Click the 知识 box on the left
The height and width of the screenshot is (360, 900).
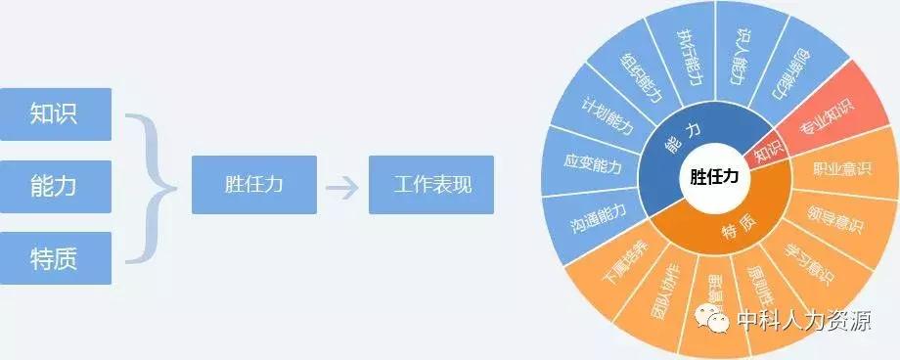(56, 113)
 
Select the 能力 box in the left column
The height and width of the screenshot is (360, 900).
(56, 186)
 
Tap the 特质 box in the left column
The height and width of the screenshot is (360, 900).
(56, 257)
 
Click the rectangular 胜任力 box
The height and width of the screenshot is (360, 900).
(247, 185)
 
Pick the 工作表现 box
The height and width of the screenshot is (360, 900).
(430, 185)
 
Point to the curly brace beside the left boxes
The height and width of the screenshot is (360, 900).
(152, 186)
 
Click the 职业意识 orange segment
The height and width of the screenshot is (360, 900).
(842, 168)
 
